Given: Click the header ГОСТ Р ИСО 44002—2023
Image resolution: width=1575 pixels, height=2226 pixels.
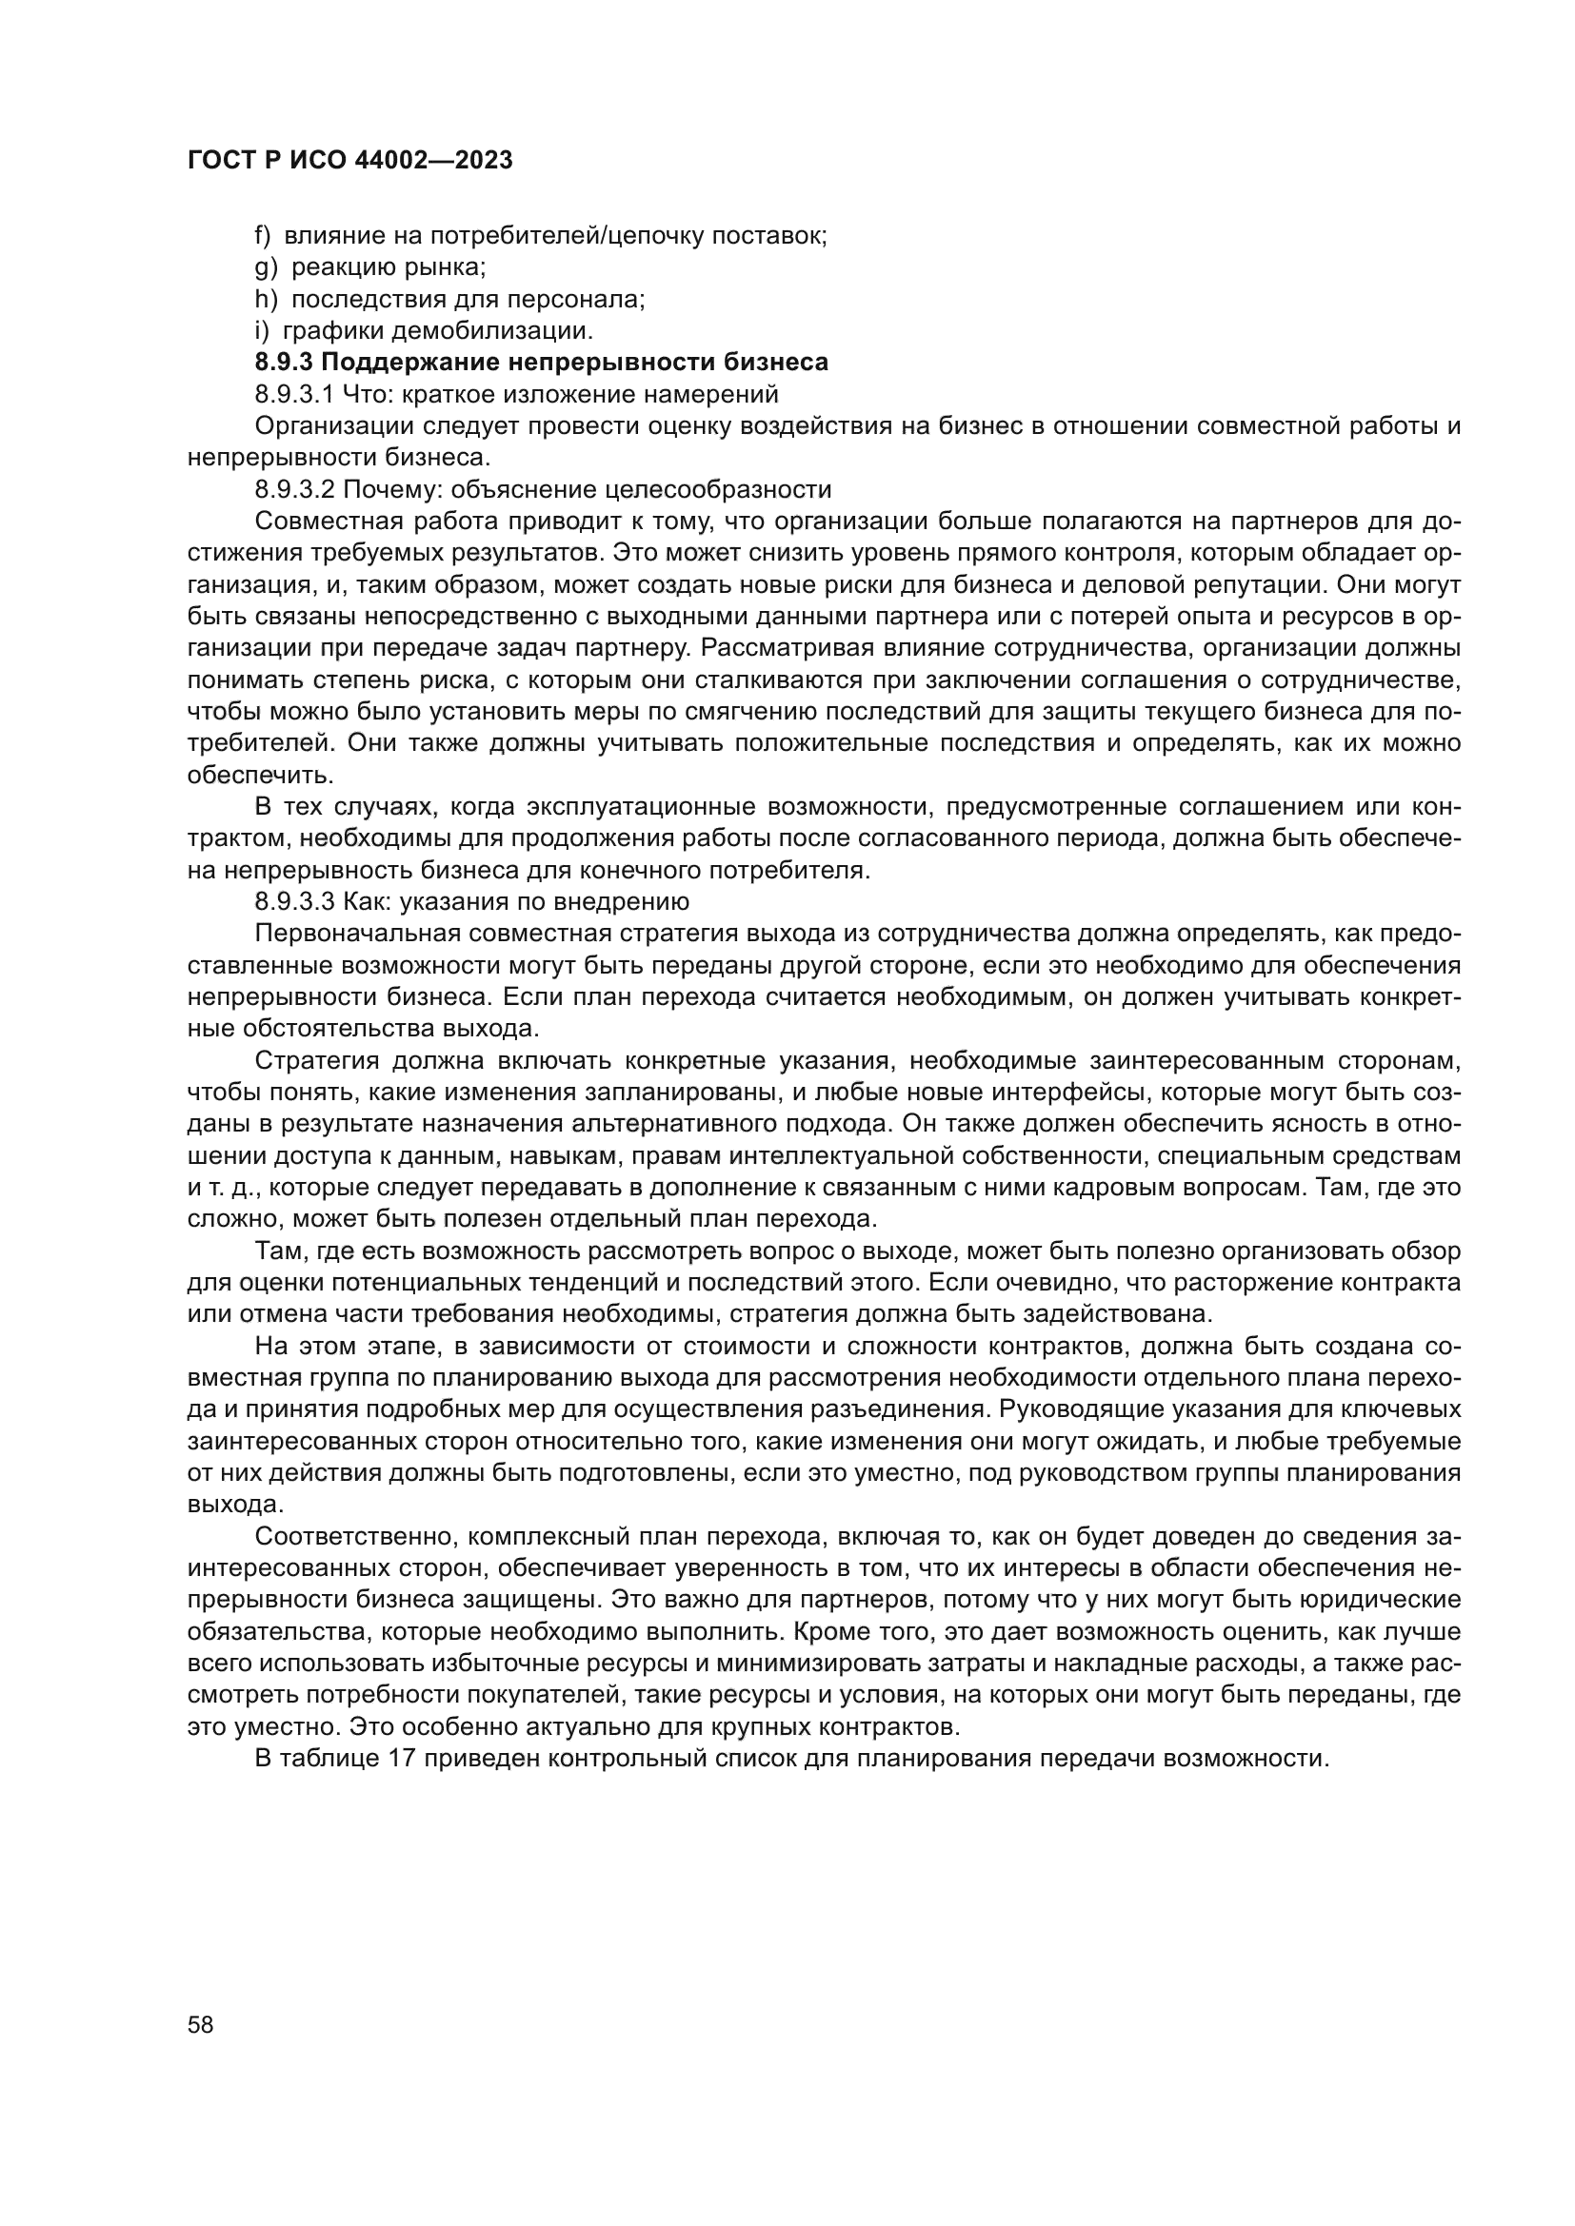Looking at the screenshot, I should pos(349,161).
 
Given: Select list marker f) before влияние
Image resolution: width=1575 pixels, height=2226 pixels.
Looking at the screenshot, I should pos(262,236).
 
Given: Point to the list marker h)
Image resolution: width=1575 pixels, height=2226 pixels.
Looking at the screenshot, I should pos(265,300).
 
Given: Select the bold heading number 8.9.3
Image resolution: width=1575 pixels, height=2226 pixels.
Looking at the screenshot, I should pos(283,363).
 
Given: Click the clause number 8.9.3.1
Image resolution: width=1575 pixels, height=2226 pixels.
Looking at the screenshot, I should pos(294,395).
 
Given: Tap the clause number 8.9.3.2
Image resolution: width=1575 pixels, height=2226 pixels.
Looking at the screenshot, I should pos(294,489).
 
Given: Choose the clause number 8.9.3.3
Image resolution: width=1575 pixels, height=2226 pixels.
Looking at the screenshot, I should pos(294,902).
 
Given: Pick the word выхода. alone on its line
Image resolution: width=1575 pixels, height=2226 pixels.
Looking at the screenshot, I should pos(235,1506).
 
